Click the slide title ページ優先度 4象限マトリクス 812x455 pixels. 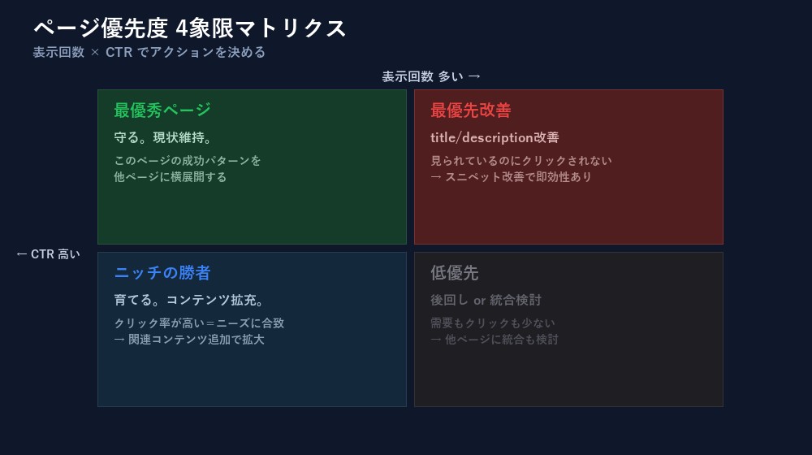click(x=190, y=28)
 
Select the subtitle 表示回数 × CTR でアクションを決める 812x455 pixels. click(x=149, y=52)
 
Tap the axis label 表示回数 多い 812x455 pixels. click(x=431, y=76)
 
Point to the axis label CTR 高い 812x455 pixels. click(x=49, y=254)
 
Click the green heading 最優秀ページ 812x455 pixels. click(x=162, y=110)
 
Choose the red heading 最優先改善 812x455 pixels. click(x=471, y=110)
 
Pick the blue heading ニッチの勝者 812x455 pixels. click(x=162, y=273)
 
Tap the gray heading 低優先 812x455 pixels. click(x=455, y=273)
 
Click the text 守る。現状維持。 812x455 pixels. click(x=163, y=137)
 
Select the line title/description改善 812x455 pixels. click(x=495, y=137)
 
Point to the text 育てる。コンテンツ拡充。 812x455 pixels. click(x=190, y=300)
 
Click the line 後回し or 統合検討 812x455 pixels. click(x=486, y=300)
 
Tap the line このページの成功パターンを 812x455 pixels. click(x=188, y=161)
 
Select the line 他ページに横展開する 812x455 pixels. click(x=171, y=177)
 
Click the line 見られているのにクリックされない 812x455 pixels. click(x=521, y=161)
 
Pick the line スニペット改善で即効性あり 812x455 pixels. click(x=518, y=177)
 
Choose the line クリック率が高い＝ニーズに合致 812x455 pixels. click(x=199, y=323)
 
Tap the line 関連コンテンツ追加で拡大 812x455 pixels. click(x=196, y=340)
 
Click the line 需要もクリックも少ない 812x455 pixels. click(x=493, y=323)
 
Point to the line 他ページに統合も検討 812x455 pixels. click(x=501, y=340)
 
